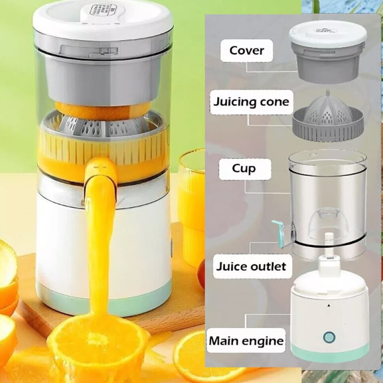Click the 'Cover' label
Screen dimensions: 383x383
247,50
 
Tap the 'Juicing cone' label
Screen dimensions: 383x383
251,102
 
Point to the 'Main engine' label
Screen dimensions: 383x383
246,341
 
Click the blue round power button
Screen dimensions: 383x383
329,337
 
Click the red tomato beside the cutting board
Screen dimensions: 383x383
201,274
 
